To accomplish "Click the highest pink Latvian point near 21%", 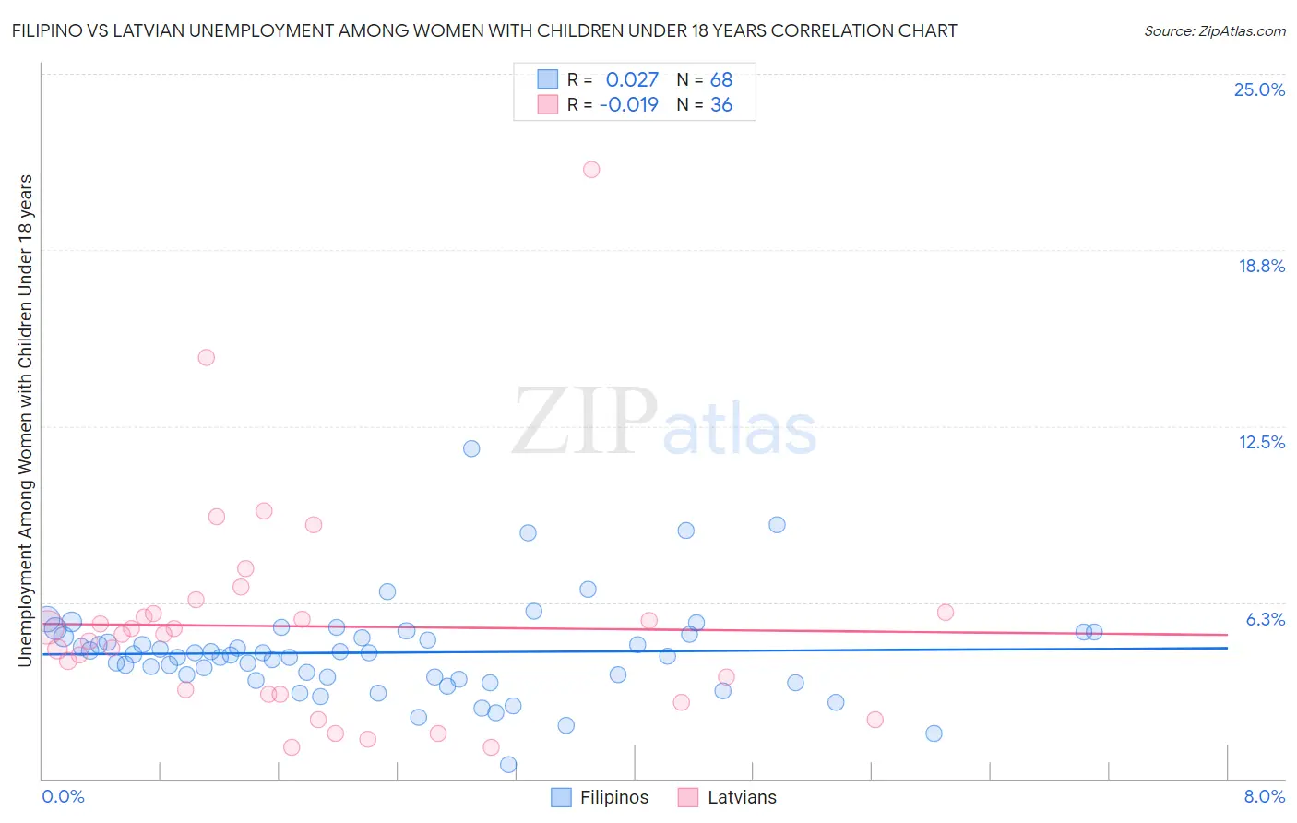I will click(591, 170).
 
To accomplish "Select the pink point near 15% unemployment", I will click(207, 358).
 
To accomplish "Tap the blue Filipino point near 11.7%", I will click(471, 449).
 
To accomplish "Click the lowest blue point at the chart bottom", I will click(508, 765).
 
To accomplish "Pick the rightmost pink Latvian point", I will click(945, 613).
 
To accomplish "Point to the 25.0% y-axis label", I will click(1259, 90).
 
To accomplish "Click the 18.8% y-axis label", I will click(1261, 267).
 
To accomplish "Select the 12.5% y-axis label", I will click(1261, 443).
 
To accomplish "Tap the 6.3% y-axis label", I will click(1265, 619).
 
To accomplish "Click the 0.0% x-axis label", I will click(63, 797).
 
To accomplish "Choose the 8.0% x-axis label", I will click(1264, 797).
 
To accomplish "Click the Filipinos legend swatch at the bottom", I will click(561, 798).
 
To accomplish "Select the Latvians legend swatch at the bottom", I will click(688, 798).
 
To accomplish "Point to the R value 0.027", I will click(632, 80).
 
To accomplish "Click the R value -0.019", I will click(629, 105).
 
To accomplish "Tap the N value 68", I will click(721, 80).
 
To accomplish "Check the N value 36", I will click(721, 105).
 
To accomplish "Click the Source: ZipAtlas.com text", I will click(1214, 31).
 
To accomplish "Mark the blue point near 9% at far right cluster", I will click(777, 525).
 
